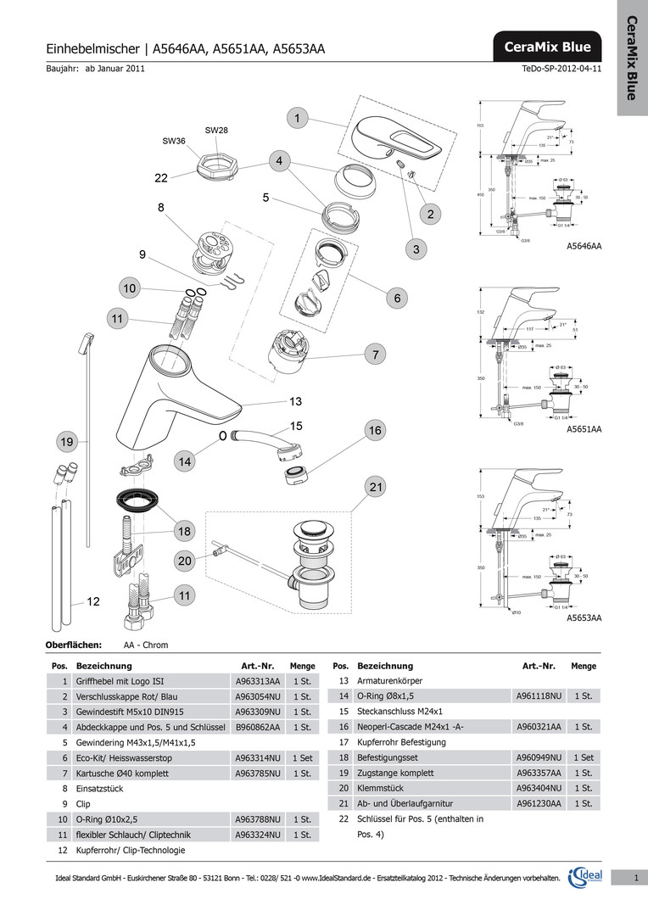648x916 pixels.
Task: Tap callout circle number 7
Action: click(373, 354)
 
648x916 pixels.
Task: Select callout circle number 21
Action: click(377, 486)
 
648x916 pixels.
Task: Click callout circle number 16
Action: click(375, 431)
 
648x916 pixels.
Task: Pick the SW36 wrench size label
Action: click(174, 141)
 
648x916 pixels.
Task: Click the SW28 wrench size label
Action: click(216, 130)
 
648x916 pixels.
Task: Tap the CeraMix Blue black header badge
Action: click(547, 47)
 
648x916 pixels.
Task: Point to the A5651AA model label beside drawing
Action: click(584, 430)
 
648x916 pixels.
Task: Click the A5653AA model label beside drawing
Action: click(584, 618)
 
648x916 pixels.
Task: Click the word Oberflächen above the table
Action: click(73, 645)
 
